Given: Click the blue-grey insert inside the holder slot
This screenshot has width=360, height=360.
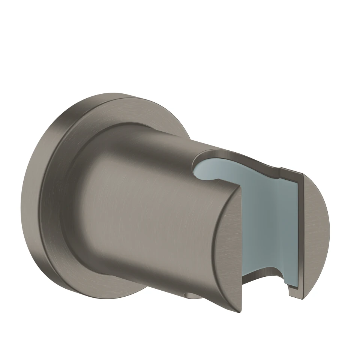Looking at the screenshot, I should coord(266,217).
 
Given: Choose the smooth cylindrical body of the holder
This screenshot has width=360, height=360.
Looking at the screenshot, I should coord(150,210).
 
